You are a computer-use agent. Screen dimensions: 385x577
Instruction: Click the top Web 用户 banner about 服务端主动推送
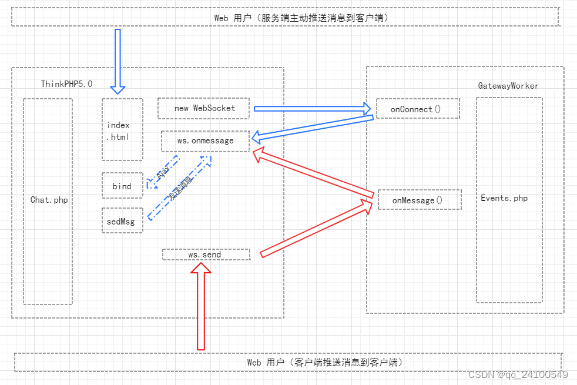[285, 17]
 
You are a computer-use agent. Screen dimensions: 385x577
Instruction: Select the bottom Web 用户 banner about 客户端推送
[288, 362]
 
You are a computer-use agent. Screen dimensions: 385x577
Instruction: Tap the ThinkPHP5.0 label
[66, 84]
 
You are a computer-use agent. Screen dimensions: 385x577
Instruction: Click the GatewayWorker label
[508, 86]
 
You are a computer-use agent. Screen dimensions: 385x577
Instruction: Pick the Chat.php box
[48, 200]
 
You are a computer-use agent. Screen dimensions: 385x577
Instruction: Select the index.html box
[122, 129]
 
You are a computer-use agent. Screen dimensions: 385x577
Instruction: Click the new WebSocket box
[204, 108]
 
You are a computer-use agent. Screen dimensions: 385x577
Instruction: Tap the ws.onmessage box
[205, 141]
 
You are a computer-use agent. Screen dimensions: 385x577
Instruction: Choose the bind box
[122, 186]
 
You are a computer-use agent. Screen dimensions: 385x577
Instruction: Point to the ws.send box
[206, 255]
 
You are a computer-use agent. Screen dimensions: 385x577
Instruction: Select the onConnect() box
[417, 109]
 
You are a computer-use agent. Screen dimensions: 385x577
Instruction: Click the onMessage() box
[419, 200]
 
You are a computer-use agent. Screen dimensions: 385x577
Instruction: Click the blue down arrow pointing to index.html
[118, 62]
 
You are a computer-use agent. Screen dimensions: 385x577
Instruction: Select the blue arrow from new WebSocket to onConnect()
[311, 108]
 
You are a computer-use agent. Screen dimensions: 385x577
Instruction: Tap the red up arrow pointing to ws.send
[201, 306]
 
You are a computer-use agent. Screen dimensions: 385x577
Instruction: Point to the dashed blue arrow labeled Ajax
[163, 174]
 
